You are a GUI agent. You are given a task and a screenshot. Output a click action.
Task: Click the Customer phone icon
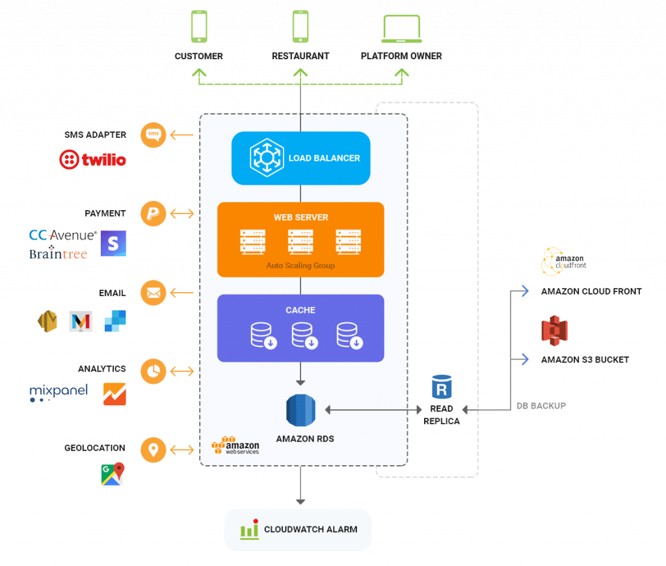tap(199, 27)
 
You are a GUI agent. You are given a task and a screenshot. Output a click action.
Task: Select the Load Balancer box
tap(300, 158)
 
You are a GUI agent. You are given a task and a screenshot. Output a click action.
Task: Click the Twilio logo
tap(92, 160)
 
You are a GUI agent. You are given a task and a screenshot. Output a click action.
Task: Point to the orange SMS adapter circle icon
tap(153, 135)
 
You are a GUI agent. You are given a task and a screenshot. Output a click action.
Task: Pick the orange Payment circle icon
tap(153, 213)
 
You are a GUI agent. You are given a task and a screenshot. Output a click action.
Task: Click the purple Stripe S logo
tap(114, 243)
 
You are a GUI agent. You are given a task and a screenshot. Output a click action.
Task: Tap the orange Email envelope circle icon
tap(153, 293)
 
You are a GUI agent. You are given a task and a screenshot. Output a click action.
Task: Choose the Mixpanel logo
tap(59, 393)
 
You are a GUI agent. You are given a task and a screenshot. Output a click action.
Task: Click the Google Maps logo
tap(113, 474)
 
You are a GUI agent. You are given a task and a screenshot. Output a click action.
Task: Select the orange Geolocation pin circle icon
tap(153, 450)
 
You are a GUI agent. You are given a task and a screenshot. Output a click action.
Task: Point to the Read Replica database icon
tap(442, 387)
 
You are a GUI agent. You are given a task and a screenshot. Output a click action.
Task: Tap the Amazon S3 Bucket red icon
tap(554, 331)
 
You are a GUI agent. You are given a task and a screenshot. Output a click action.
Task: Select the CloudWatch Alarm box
tap(298, 530)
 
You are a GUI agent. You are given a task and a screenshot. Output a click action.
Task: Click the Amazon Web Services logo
tap(235, 446)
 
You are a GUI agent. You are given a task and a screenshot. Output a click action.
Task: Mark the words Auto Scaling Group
tap(300, 266)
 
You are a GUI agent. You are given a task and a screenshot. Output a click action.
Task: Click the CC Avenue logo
tap(63, 236)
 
